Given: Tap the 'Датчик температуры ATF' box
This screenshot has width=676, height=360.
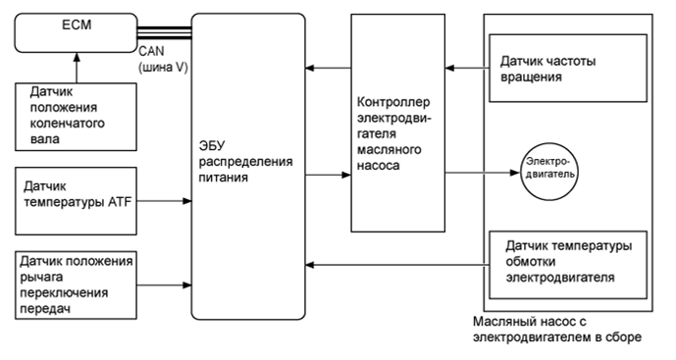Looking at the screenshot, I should [77, 200].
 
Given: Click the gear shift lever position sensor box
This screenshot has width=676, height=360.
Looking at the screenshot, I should [77, 284].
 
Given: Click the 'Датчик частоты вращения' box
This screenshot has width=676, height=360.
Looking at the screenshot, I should [568, 68].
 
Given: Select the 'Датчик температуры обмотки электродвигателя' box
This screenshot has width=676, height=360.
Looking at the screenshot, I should [568, 261].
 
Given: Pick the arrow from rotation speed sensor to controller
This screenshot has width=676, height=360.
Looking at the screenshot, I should [461, 68].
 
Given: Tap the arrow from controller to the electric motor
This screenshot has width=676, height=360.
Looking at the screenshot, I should [481, 174].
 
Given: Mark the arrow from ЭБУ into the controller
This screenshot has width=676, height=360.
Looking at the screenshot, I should [328, 175].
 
